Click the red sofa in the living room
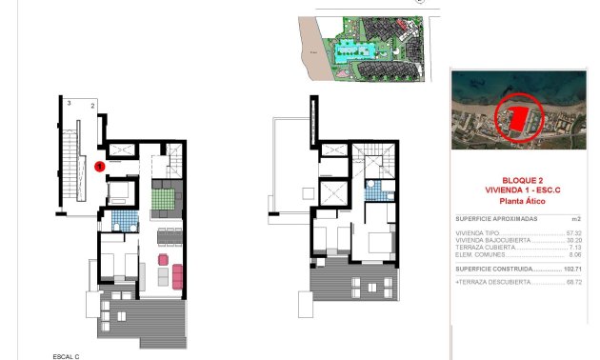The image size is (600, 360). tap(176, 277)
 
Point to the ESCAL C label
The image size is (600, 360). tap(66, 355)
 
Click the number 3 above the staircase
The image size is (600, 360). tap(70, 101)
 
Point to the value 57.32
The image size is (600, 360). tap(574, 233)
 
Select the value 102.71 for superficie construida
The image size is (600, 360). tap(572, 270)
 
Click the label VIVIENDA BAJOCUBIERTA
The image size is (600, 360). tap(487, 240)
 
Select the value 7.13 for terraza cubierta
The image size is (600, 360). tap(575, 248)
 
